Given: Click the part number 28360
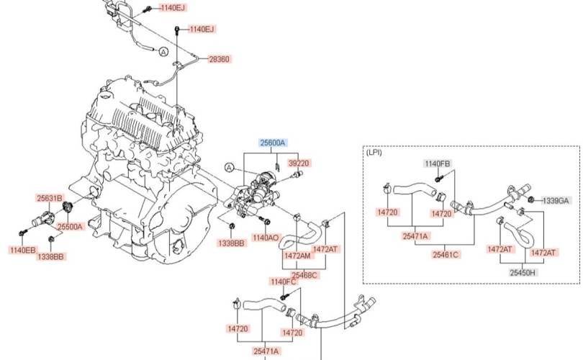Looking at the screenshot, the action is coord(219,59).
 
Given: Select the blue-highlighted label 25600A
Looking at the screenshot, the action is coord(273,143).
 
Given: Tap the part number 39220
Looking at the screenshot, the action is coord(299,163).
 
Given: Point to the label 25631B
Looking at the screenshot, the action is coord(50,198).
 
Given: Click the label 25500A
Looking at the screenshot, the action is coord(70,227).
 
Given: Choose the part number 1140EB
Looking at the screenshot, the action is coord(23,250).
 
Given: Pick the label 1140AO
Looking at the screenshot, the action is coord(265,238).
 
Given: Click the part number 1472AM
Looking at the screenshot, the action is coord(297,256).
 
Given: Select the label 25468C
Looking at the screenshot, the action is coord(304,275).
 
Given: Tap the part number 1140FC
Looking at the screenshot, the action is coord(284,282).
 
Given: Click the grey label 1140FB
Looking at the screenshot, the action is coord(438,163).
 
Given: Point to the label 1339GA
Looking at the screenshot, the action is coord(556,201).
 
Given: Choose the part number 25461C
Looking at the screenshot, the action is coord(446,255).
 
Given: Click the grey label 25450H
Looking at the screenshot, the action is coord(523,273).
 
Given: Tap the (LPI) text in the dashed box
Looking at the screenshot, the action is coord(374,152).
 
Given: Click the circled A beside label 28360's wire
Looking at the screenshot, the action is coord(163,52).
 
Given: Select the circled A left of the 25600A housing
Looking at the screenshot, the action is coord(230,168).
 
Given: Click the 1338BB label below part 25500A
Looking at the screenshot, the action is coord(50,256).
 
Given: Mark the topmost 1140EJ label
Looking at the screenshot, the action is coord(173,7).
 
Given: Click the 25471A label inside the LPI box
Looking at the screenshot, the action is coord(415,236).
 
